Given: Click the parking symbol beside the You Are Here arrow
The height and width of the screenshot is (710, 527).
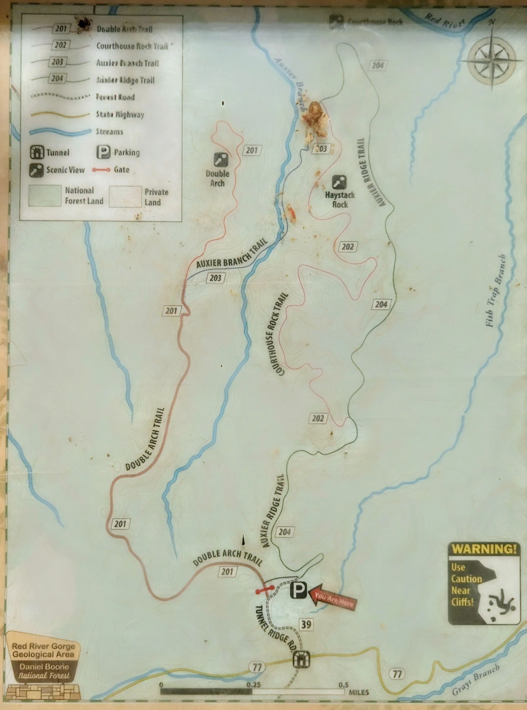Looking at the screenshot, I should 298,590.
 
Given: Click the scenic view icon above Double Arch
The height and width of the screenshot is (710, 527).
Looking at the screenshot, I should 221,160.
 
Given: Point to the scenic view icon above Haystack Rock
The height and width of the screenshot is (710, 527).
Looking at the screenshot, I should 339,182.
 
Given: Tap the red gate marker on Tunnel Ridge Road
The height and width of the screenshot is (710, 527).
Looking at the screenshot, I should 265,590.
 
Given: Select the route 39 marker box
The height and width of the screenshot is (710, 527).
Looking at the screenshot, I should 306,624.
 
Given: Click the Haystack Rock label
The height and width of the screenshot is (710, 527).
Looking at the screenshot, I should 340,200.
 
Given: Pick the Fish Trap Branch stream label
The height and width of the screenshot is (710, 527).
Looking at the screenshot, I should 495,291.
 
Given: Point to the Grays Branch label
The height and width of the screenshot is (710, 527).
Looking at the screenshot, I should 476,680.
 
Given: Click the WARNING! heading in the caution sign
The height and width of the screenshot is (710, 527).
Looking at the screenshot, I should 484,549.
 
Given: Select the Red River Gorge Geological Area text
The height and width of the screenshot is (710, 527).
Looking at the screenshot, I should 44,650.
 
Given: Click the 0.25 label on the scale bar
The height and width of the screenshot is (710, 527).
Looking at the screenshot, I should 253,684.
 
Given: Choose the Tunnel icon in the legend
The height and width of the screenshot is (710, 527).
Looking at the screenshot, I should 37,152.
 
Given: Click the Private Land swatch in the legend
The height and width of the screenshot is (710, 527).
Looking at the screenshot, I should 125,196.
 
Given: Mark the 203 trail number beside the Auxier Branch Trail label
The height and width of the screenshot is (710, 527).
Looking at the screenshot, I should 215,278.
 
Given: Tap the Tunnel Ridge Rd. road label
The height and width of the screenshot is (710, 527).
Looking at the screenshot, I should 276,629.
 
